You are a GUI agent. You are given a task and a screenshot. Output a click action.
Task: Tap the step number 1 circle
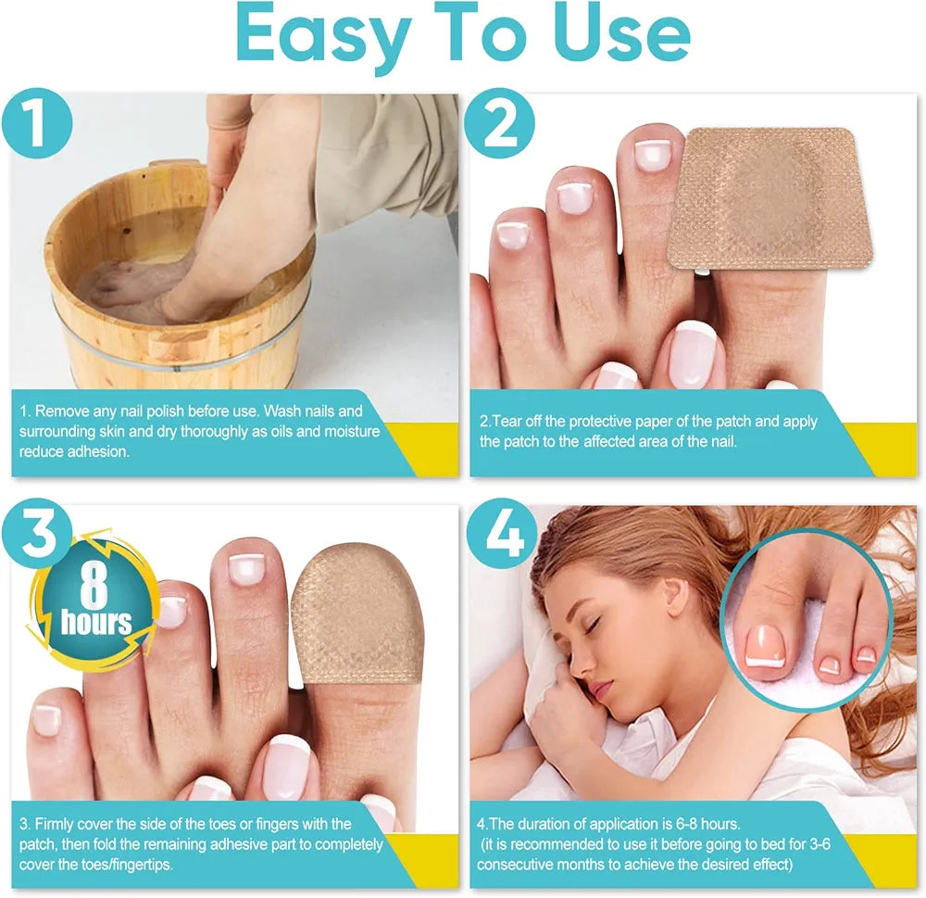pyautogui.click(x=37, y=123)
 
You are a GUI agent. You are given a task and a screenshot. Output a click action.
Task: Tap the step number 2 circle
pyautogui.click(x=499, y=123)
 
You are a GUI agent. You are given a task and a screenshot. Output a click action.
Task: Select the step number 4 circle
pyautogui.click(x=503, y=534)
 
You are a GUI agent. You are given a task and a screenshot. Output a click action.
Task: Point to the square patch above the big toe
pyautogui.click(x=770, y=198)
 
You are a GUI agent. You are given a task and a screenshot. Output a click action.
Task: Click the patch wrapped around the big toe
pyautogui.click(x=357, y=614)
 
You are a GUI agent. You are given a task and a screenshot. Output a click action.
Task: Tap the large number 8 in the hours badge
pyautogui.click(x=94, y=586)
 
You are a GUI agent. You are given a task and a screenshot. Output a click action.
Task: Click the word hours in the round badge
pyautogui.click(x=96, y=623)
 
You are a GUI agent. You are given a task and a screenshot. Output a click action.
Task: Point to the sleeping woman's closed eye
pyautogui.click(x=591, y=625)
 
